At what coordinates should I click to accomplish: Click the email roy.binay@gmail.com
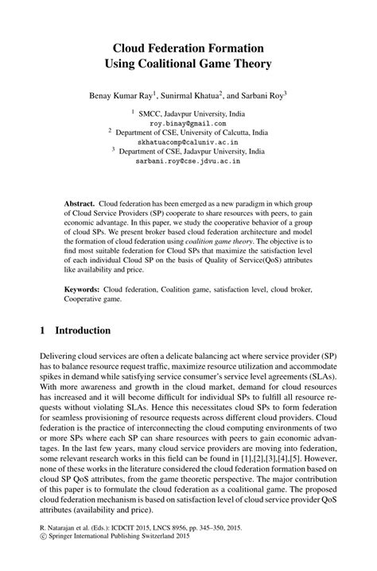187,124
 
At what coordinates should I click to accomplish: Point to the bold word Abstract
80,204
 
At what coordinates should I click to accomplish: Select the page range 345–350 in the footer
244,548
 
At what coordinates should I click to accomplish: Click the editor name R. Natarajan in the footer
60,548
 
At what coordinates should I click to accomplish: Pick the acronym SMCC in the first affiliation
152,113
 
